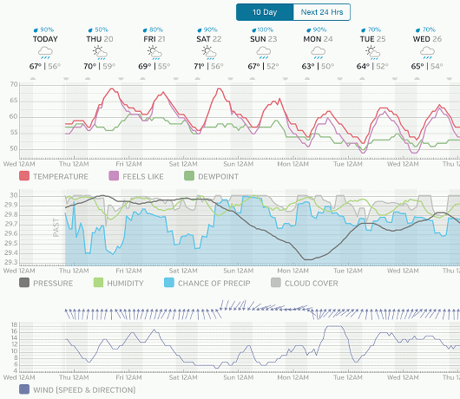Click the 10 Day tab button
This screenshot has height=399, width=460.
pos(265,12)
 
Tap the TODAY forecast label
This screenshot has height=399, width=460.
pos(47,39)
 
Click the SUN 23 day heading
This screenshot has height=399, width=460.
pos(263,39)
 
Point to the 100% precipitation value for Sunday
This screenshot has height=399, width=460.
pos(265,29)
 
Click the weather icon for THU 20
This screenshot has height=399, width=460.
pos(102,52)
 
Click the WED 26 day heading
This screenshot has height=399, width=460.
pos(424,39)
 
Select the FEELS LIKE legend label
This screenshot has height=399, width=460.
pos(141,177)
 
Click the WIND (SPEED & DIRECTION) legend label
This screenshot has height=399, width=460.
pos(84,389)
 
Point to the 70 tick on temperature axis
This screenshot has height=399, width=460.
pos(12,85)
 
